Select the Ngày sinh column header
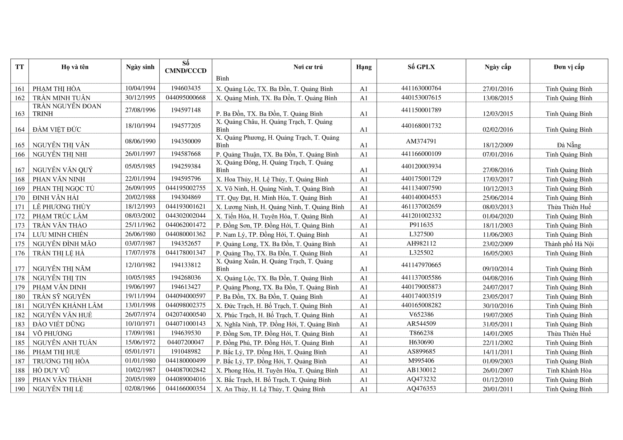point(140,67)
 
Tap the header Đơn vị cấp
point(569,67)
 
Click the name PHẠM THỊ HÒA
point(57,89)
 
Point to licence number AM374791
point(421,141)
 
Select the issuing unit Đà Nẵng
point(569,145)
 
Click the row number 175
point(19,244)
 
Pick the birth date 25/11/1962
point(140,225)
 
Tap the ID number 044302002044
point(186,216)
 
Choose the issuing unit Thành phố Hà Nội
point(569,244)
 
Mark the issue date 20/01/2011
point(498,389)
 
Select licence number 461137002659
point(421,206)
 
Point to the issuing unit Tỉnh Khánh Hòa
point(569,370)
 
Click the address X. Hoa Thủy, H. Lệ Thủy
point(272,179)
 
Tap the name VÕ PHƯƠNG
point(52,334)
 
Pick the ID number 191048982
point(186,351)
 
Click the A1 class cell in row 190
point(364,389)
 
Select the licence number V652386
point(421,314)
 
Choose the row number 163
point(19,114)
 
